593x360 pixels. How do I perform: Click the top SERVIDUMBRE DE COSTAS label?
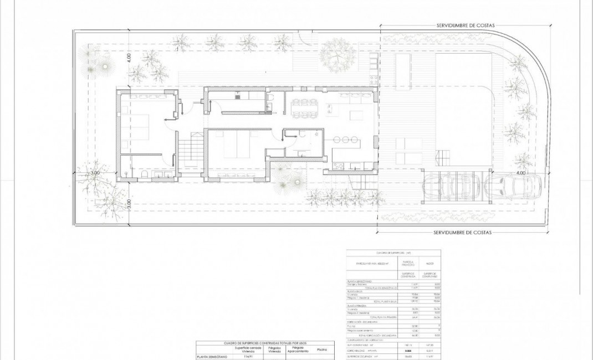pos(464,25)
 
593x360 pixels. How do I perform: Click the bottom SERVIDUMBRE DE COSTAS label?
pos(462,233)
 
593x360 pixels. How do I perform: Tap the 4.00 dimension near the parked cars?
pos(520,173)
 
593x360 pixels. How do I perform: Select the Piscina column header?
pos(321,349)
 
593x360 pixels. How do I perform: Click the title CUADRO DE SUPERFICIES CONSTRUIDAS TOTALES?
pos(264,343)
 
